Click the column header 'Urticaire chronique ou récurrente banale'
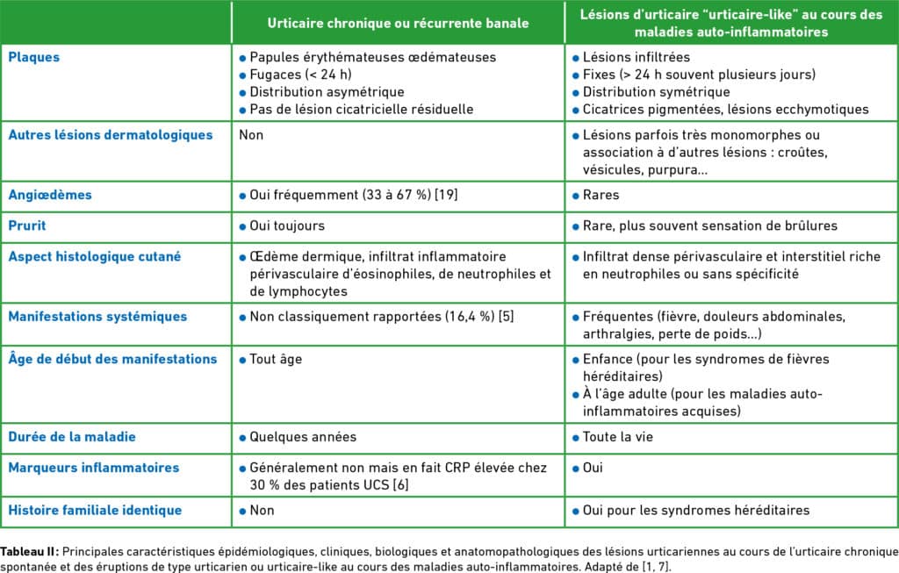(x=398, y=23)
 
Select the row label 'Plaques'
(x=34, y=57)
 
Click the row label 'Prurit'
(x=27, y=226)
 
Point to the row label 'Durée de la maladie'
(x=72, y=436)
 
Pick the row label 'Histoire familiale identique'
(x=95, y=510)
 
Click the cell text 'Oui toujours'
(x=287, y=226)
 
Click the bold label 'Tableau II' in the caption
(x=30, y=552)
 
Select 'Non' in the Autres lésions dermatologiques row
(x=251, y=135)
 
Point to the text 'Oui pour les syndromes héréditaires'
(x=696, y=510)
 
